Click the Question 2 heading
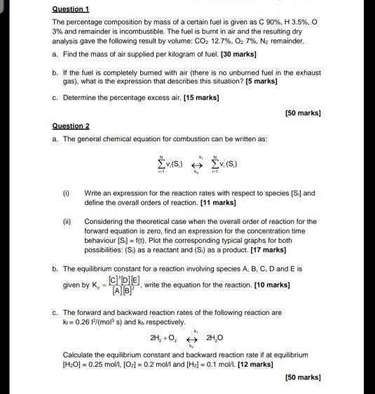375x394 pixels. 71,127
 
